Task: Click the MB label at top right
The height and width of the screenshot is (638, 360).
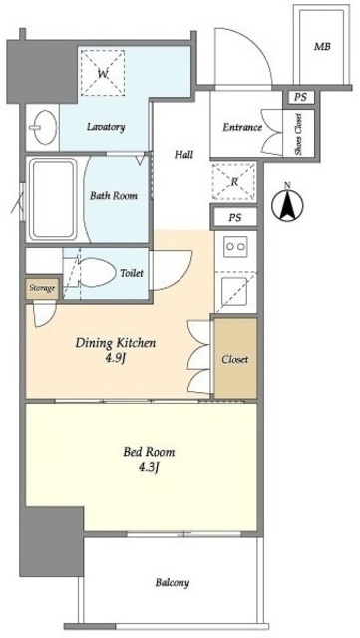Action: pyautogui.click(x=322, y=47)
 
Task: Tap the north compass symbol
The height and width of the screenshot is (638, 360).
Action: pyautogui.click(x=287, y=203)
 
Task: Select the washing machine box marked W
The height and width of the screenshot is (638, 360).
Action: pyautogui.click(x=103, y=73)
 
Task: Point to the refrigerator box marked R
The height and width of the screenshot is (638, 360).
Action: pyautogui.click(x=234, y=181)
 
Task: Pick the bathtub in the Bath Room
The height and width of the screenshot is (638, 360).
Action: pyautogui.click(x=53, y=199)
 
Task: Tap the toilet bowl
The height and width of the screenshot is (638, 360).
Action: pyautogui.click(x=95, y=272)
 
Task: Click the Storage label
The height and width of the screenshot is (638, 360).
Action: pyautogui.click(x=42, y=288)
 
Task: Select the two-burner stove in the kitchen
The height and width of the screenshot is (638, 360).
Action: pyautogui.click(x=235, y=246)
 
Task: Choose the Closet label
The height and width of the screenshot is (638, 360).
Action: pyautogui.click(x=235, y=359)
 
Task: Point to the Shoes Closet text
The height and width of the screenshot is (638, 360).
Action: pyautogui.click(x=298, y=134)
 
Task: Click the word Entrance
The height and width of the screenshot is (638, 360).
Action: pyautogui.click(x=242, y=127)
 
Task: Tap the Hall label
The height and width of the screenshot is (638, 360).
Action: pyautogui.click(x=184, y=155)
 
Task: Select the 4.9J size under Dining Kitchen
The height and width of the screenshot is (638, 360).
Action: pyautogui.click(x=116, y=358)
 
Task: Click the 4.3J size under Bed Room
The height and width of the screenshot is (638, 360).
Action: pyautogui.click(x=149, y=467)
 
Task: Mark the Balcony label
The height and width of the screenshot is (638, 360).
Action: pyautogui.click(x=172, y=582)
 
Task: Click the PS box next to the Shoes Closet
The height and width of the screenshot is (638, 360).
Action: pyautogui.click(x=299, y=97)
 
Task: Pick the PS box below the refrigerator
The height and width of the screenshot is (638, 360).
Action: pyautogui.click(x=234, y=218)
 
